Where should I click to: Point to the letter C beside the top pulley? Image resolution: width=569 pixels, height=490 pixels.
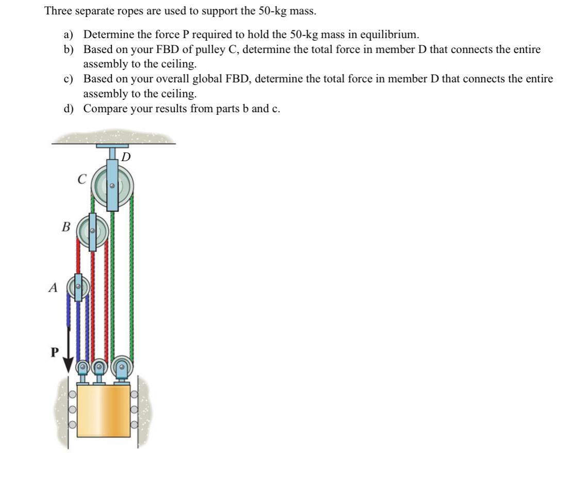pyautogui.click(x=81, y=180)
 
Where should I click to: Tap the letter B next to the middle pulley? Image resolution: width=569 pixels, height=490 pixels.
pyautogui.click(x=65, y=226)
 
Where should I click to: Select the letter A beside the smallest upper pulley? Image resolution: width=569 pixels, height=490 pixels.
pyautogui.click(x=52, y=289)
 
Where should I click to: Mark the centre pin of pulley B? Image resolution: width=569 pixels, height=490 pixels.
pyautogui.click(x=93, y=231)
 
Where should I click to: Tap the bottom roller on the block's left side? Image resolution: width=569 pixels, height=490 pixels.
pyautogui.click(x=73, y=425)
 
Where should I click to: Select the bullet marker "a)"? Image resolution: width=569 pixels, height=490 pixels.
pyautogui.click(x=69, y=35)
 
